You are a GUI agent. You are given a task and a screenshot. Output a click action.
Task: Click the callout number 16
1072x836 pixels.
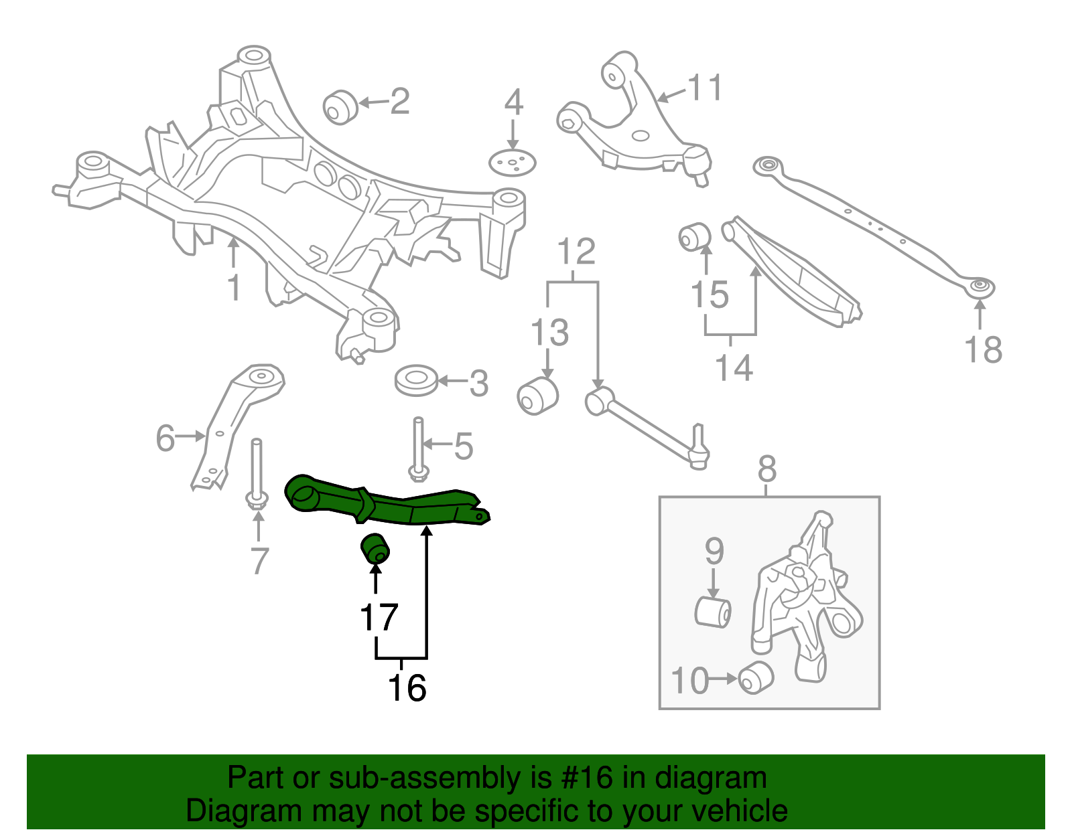(x=407, y=687)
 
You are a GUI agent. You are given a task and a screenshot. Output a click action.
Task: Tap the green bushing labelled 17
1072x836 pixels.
(x=375, y=549)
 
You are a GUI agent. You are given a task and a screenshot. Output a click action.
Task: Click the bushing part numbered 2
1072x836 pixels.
(x=340, y=107)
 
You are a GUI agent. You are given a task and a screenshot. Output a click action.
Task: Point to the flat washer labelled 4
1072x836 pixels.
(x=513, y=163)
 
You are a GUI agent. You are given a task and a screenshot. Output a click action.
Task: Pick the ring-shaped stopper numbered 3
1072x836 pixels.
(x=416, y=380)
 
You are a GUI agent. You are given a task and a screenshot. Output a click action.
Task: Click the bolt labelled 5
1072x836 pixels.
(x=418, y=448)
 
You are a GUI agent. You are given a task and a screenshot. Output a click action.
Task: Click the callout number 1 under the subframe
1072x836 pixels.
(x=233, y=288)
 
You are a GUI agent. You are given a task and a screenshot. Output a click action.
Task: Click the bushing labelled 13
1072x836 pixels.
(x=537, y=395)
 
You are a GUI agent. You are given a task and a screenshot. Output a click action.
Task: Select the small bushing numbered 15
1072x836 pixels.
(x=694, y=237)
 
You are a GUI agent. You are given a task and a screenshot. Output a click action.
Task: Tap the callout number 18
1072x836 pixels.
(x=983, y=349)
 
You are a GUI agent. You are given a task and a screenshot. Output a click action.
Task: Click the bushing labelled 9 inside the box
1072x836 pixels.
(x=713, y=611)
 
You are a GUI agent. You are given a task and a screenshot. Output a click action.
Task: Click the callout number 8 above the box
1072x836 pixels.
(x=767, y=469)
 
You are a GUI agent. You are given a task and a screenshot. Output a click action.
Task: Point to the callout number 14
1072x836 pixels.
(x=734, y=367)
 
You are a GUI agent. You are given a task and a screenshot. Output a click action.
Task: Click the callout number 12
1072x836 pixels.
(x=576, y=252)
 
